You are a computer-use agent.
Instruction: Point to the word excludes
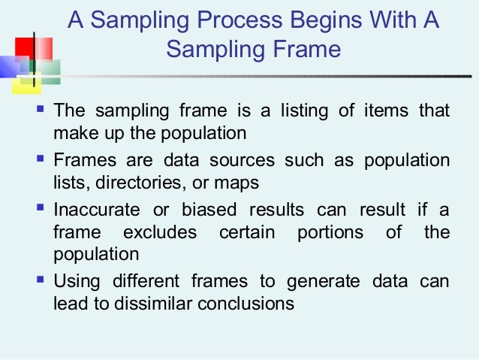click(160, 232)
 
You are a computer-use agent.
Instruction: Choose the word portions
click(330, 232)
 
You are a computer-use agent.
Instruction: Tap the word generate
click(321, 282)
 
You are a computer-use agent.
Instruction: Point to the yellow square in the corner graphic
click(25, 85)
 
